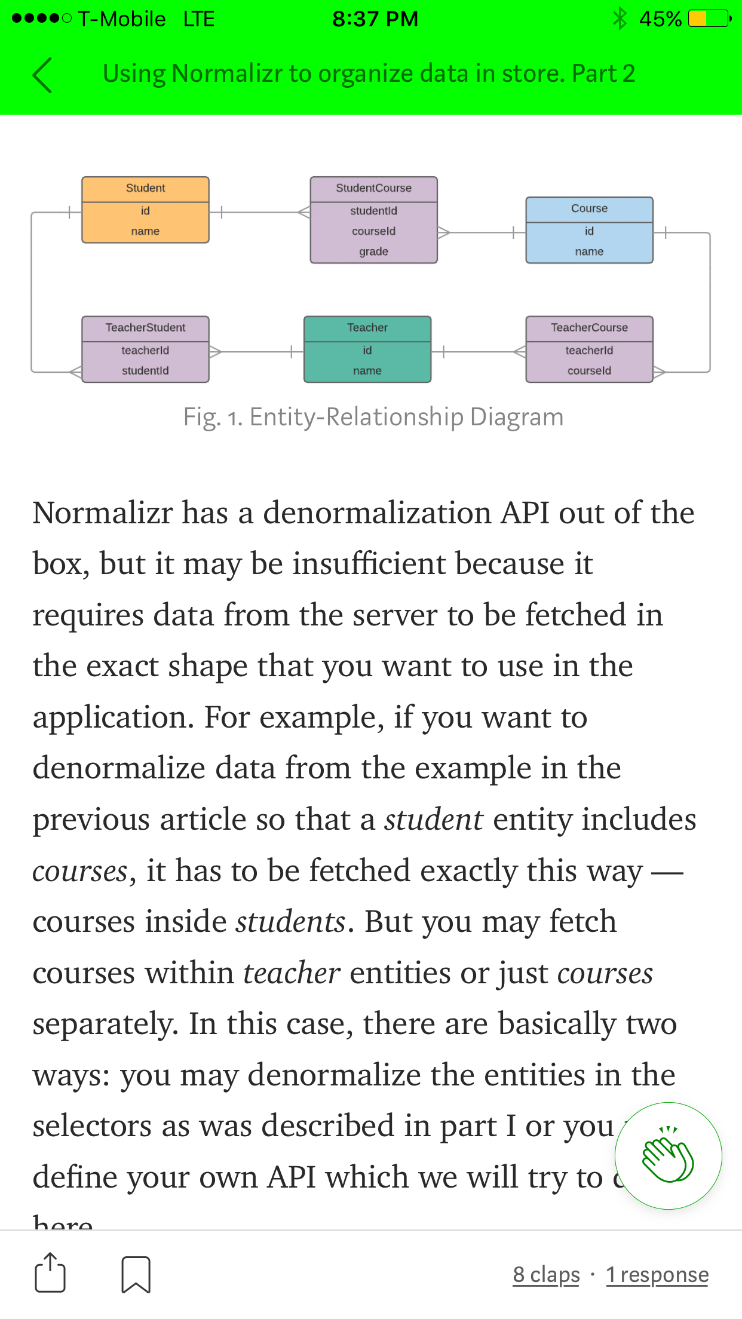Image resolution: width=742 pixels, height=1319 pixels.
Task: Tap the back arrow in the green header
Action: click(42, 75)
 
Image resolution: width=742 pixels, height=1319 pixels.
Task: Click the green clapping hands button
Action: click(668, 1155)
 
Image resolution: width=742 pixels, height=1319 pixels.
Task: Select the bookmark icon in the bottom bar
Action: click(136, 1274)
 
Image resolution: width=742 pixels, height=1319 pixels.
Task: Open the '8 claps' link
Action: click(546, 1274)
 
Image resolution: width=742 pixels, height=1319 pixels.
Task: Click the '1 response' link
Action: click(657, 1274)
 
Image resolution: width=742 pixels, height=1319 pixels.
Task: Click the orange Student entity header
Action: click(145, 188)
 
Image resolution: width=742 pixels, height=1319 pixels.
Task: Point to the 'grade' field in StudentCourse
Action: click(373, 251)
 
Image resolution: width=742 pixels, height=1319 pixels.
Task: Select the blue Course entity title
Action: click(589, 208)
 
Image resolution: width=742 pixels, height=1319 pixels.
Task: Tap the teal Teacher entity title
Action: click(367, 328)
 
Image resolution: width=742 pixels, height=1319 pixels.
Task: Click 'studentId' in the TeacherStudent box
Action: click(145, 371)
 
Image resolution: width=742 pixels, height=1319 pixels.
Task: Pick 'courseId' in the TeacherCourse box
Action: click(589, 371)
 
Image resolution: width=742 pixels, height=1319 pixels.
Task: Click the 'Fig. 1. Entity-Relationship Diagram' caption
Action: click(373, 417)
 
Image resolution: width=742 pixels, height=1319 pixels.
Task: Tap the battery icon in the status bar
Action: click(709, 19)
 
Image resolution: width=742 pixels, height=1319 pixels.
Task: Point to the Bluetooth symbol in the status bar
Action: click(620, 19)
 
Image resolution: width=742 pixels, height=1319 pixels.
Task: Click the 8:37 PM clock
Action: click(375, 19)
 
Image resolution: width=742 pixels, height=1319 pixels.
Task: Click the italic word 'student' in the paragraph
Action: click(433, 819)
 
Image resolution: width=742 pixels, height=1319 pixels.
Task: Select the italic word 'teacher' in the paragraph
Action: click(292, 973)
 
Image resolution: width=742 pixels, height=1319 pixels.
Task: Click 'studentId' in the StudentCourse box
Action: click(373, 211)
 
